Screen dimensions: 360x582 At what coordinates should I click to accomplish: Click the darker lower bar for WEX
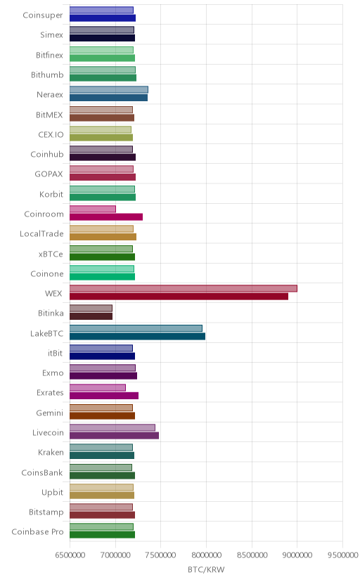tap(179, 297)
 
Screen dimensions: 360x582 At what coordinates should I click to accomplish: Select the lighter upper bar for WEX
tap(184, 288)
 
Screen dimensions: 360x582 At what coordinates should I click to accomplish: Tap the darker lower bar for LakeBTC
tap(137, 336)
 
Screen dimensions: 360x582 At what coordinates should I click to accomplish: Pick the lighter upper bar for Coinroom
tap(93, 209)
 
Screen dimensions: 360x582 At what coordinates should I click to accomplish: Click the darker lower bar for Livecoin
tap(115, 436)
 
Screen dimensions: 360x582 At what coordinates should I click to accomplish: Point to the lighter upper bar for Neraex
tap(109, 89)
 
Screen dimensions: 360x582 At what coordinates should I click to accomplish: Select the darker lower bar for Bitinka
tap(91, 316)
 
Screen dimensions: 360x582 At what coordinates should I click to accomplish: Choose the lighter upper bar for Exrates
tap(98, 388)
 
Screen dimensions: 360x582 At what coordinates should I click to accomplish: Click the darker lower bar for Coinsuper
tap(103, 18)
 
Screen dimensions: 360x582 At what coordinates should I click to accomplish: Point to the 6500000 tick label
tap(70, 555)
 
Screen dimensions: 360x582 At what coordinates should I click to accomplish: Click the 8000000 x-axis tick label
tap(206, 555)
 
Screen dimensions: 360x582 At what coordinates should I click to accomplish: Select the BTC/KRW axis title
tap(206, 570)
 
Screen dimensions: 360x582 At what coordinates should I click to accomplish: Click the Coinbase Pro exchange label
tap(37, 532)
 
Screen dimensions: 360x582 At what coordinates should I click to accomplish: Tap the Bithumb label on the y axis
tap(47, 75)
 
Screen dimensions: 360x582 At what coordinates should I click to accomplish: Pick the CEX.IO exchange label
tap(51, 135)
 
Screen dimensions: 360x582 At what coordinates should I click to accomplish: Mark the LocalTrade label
tap(41, 234)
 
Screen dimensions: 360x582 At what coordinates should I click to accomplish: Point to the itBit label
tap(56, 354)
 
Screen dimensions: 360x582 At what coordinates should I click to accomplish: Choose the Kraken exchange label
tap(51, 453)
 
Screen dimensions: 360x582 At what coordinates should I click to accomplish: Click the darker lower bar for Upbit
tap(102, 496)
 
